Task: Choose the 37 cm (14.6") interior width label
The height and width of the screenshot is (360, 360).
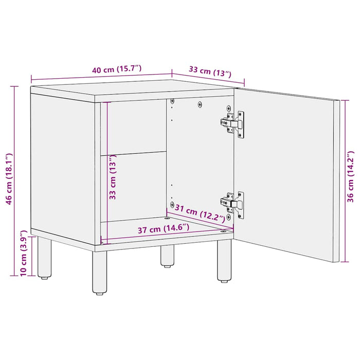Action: [x=163, y=228]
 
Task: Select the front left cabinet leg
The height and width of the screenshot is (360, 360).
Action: [x=100, y=273]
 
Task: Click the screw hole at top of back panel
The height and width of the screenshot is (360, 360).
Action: [x=200, y=104]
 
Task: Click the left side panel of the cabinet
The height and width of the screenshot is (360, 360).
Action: [x=62, y=165]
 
